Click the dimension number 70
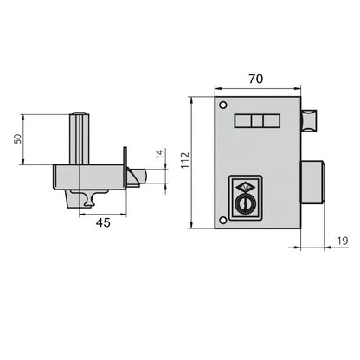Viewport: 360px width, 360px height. click(x=256, y=78)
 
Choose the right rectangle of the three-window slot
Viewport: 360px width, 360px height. click(x=273, y=122)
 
